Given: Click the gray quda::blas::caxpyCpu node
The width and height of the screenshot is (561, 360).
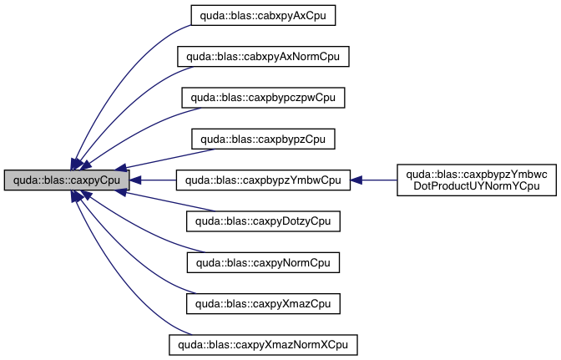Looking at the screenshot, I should pos(67,180).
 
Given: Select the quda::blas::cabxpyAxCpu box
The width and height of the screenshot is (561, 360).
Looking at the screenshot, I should pos(262,14).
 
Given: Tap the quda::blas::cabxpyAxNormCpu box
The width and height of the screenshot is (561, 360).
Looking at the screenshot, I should pos(262,56).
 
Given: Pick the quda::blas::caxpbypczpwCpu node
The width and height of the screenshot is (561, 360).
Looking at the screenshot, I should pos(262,97).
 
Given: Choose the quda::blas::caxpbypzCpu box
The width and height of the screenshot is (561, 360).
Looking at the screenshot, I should pos(262,139).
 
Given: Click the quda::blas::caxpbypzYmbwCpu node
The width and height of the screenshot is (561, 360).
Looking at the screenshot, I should pos(262,180).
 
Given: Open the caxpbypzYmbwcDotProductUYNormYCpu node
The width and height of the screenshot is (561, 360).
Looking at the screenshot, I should pos(476,180).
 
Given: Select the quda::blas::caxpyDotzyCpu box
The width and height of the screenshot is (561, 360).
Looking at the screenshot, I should pos(262,221).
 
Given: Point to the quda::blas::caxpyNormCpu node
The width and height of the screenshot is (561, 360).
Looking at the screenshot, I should pos(262,262).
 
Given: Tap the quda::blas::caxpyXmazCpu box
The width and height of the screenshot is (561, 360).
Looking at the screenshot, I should pos(262,303).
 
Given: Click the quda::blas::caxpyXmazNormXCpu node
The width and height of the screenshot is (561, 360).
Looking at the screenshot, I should pos(262,344).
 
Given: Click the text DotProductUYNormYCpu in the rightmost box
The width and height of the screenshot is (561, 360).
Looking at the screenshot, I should pos(476,186).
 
